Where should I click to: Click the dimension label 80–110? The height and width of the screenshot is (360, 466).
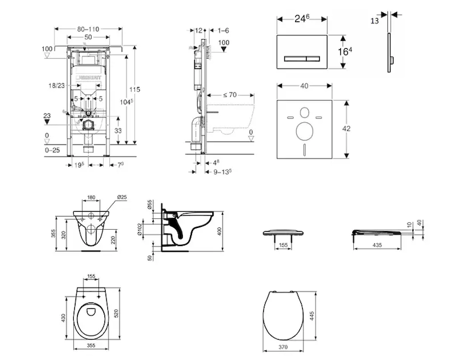pyautogui.click(x=88, y=29)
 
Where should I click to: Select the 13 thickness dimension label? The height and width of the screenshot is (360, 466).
pyautogui.click(x=375, y=20)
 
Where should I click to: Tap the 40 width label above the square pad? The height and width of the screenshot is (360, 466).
pyautogui.click(x=304, y=86)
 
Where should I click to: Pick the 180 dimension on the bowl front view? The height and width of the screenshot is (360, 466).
pyautogui.click(x=91, y=197)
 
